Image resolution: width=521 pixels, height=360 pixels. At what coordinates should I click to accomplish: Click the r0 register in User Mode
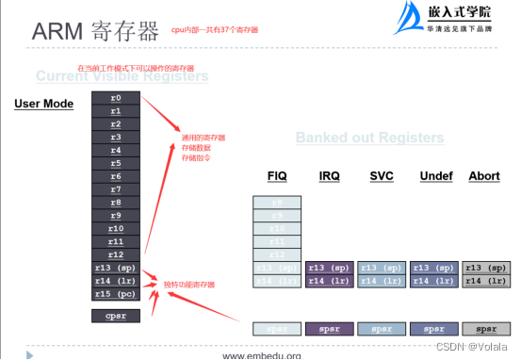(115, 98)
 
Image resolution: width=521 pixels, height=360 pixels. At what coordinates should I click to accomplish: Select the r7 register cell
(115, 189)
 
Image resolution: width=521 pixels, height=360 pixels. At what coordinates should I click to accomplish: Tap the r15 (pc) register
(115, 293)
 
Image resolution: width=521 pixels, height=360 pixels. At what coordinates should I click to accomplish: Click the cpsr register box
(115, 316)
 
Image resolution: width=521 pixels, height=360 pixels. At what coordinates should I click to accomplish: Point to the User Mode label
(44, 103)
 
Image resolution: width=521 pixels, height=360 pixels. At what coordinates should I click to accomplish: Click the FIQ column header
(277, 177)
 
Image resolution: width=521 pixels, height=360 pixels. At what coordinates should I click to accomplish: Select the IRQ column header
(330, 177)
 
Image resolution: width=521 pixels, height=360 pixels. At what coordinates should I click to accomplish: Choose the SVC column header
(382, 177)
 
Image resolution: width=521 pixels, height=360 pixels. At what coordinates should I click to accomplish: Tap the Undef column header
(434, 177)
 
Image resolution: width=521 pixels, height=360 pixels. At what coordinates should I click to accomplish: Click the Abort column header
(484, 177)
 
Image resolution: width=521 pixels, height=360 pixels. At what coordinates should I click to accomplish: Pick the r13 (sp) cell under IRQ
(330, 268)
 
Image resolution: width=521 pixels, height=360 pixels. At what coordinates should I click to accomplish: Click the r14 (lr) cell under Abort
(486, 281)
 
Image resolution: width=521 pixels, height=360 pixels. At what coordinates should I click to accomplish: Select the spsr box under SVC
(382, 329)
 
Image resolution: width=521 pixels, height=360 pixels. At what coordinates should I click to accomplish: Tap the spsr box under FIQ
(277, 329)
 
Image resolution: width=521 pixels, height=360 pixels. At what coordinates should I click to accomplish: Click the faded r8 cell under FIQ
(277, 203)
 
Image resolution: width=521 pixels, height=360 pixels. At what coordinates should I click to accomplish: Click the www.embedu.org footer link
(261, 354)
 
